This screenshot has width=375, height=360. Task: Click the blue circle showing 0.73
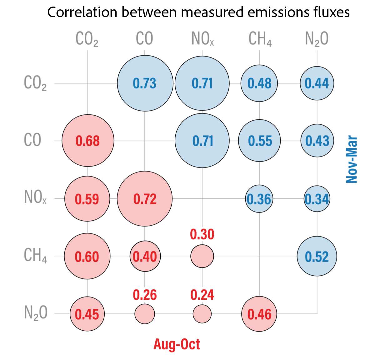click(x=145, y=83)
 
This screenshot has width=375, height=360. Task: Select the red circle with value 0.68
click(x=88, y=141)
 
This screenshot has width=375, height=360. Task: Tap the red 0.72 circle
click(x=145, y=199)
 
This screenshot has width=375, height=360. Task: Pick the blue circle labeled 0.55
click(x=259, y=141)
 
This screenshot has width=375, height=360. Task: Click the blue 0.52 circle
click(x=317, y=256)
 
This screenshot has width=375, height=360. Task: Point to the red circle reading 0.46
click(x=259, y=314)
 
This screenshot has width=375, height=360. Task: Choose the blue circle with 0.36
click(x=259, y=199)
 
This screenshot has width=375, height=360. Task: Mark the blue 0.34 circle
click(x=317, y=199)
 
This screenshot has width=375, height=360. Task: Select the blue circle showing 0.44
click(x=317, y=83)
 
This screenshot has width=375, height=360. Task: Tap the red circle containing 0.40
click(x=145, y=256)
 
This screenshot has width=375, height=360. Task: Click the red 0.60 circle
click(x=87, y=256)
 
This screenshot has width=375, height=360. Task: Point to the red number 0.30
click(x=202, y=234)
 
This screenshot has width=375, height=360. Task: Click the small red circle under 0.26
click(x=145, y=314)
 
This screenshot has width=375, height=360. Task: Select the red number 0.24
click(x=202, y=295)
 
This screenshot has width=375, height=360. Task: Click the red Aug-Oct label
click(x=177, y=344)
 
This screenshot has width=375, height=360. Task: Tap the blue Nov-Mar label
click(x=352, y=159)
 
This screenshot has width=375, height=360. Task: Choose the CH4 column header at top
click(x=260, y=39)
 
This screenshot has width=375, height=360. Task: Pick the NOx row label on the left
click(x=35, y=197)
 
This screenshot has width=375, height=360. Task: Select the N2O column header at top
click(x=317, y=39)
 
